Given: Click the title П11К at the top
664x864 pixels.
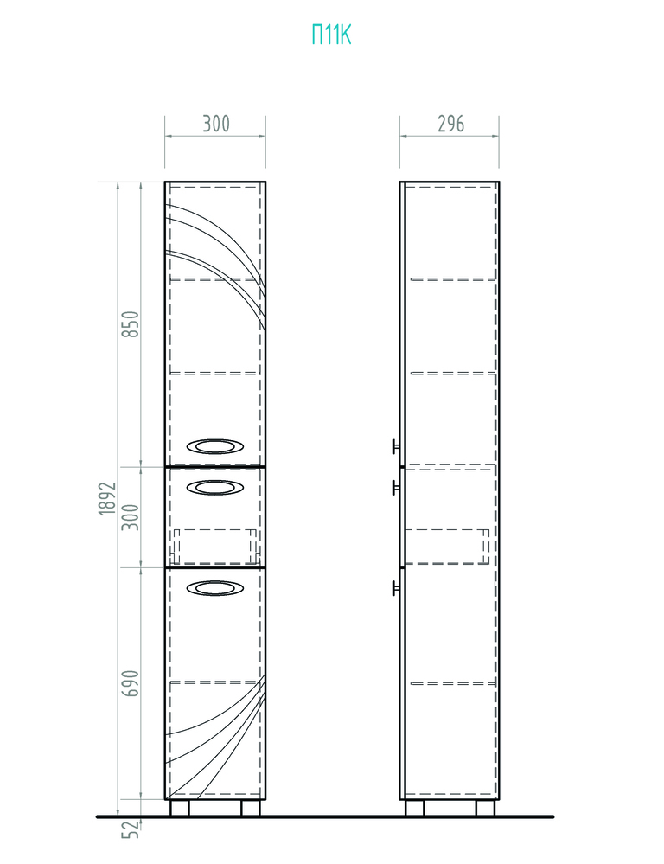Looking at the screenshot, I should click(332, 35).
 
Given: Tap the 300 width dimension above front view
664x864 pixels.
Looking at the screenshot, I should click(215, 124).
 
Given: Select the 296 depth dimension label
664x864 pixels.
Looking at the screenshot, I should click(450, 124).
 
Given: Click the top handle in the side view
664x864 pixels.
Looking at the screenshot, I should click(394, 446).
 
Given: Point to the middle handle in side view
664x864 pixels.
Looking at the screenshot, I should click(394, 488).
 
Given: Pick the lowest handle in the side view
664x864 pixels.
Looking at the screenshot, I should click(394, 589).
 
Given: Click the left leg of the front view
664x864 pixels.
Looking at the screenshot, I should click(181, 808).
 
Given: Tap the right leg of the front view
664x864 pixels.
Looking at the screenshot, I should click(250, 808).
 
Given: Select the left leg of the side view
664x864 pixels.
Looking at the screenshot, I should click(416, 808).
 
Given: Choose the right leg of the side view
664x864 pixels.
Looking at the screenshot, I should click(485, 808).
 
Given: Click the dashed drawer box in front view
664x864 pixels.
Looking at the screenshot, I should click(215, 546).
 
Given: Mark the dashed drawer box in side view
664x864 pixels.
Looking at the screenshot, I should click(447, 546).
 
